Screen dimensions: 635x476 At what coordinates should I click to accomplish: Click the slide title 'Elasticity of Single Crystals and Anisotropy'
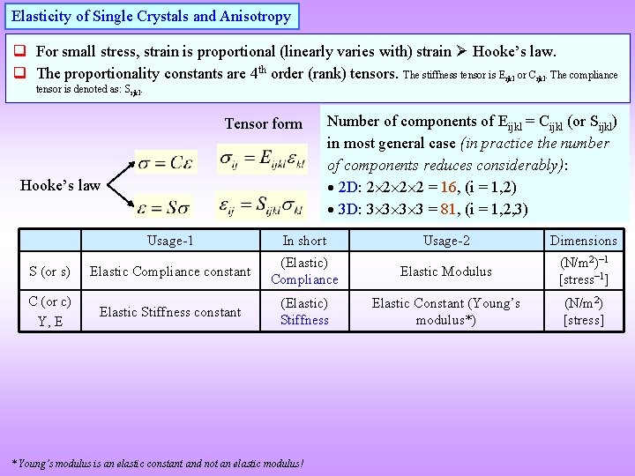click(151, 17)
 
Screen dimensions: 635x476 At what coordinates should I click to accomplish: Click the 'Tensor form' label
click(263, 123)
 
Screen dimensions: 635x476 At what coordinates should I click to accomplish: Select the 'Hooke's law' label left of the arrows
click(60, 185)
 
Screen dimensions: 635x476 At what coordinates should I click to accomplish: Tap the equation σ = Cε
click(172, 161)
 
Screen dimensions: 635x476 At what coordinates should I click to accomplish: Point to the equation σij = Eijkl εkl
click(263, 159)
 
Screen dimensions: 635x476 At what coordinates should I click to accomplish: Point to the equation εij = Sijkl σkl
click(263, 205)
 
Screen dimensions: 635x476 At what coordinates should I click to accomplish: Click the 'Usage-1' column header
click(170, 241)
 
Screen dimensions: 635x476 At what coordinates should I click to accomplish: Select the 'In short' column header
click(304, 241)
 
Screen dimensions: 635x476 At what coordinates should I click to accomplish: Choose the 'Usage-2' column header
click(445, 241)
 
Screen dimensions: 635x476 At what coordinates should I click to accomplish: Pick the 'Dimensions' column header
click(583, 241)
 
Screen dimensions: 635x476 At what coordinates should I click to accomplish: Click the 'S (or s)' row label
click(49, 271)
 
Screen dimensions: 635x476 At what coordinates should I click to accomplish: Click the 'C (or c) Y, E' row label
click(49, 311)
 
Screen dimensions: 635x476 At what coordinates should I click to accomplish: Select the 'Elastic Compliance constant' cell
click(170, 271)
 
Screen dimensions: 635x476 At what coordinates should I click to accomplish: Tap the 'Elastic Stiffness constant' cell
click(170, 312)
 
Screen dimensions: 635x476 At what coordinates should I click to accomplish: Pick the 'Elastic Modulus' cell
click(445, 271)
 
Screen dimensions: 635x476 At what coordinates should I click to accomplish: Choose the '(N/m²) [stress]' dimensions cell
click(583, 311)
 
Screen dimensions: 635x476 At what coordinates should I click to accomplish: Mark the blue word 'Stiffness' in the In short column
click(304, 320)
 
